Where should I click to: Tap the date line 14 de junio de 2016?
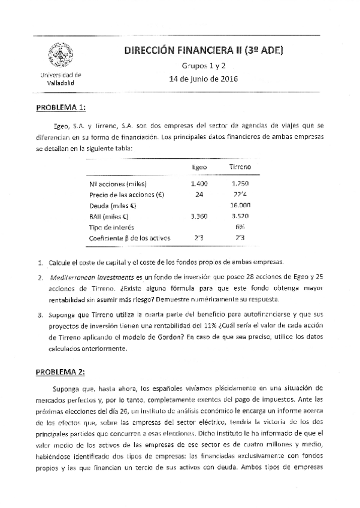tap(204, 78)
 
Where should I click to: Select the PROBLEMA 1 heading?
tap(61, 108)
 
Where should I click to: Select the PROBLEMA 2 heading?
tap(61, 372)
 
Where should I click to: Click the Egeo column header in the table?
tap(199, 167)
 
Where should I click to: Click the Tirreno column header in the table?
tap(240, 167)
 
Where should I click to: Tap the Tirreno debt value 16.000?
tap(240, 205)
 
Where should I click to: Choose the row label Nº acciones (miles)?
tap(117, 183)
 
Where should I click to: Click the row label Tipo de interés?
tap(111, 227)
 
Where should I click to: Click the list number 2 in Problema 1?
tap(40, 278)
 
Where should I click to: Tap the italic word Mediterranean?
tap(72, 278)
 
